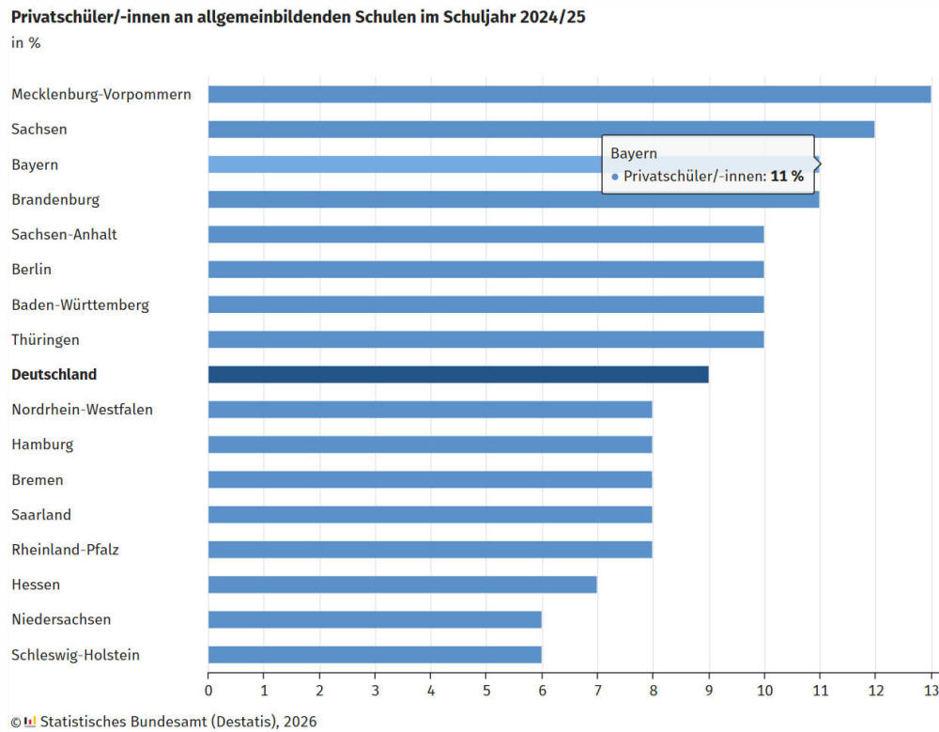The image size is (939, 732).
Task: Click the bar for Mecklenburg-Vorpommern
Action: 569,94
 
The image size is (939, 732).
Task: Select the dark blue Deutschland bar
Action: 458,374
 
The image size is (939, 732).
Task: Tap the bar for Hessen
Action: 402,584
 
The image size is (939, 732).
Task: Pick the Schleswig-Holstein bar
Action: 375,655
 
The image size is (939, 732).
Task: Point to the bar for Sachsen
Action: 541,130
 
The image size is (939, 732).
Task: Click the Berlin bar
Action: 485,270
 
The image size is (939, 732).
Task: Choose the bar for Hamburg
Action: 430,444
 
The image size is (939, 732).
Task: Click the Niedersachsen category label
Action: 61,619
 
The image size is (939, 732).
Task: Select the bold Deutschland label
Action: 54,374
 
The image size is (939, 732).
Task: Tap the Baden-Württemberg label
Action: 80,304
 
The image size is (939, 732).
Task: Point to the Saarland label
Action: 41,515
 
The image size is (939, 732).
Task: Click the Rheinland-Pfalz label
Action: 67,550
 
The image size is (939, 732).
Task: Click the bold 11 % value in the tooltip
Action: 787,176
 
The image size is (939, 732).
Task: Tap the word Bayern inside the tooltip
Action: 634,153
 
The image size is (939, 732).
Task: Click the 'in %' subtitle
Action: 25,42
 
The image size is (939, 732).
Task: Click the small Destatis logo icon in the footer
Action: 30,722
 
